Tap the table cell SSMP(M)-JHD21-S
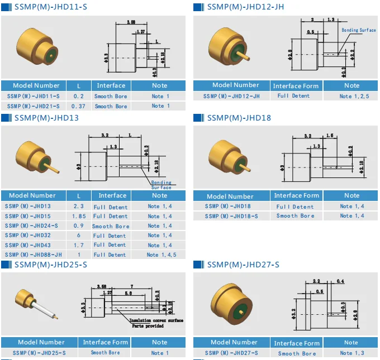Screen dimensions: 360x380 tap(33, 106)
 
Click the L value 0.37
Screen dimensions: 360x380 tap(78, 106)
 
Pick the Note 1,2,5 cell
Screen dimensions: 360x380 tap(351, 96)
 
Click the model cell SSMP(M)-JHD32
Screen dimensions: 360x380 tap(28, 236)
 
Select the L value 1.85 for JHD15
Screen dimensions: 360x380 tap(78, 217)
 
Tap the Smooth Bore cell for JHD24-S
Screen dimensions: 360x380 tap(111, 226)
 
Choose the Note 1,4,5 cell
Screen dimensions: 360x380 tap(161, 255)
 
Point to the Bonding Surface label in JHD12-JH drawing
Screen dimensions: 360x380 tap(358, 30)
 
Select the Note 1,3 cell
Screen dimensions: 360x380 tap(351, 353)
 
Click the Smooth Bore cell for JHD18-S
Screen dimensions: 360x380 tap(295, 215)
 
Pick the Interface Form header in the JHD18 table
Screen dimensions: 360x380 tap(296, 195)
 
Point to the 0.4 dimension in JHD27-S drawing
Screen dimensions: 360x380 tap(340, 281)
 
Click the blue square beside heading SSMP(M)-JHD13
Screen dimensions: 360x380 tap(6, 118)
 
